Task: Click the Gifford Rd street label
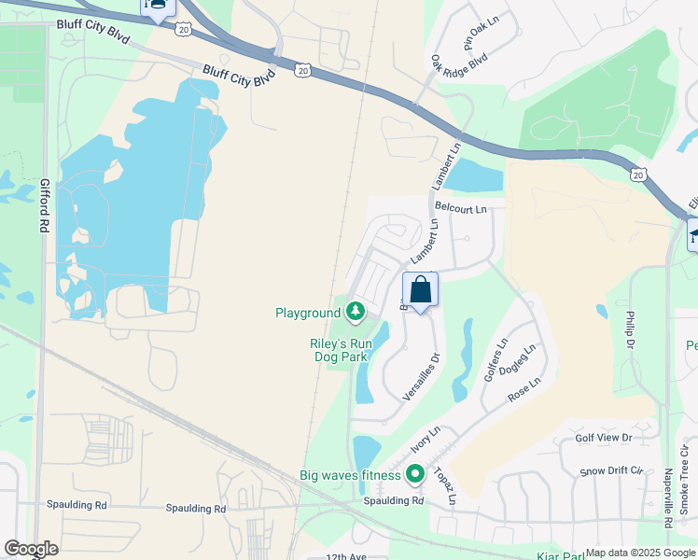[x=44, y=206]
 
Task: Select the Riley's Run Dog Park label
[x=342, y=350]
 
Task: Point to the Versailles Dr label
[x=422, y=376]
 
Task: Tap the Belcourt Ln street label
[x=461, y=209]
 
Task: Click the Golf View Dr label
[x=604, y=438]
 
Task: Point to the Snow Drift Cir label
[x=610, y=472]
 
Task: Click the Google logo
[x=31, y=549]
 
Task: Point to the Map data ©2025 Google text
[x=640, y=553]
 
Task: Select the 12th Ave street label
[x=346, y=556]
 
